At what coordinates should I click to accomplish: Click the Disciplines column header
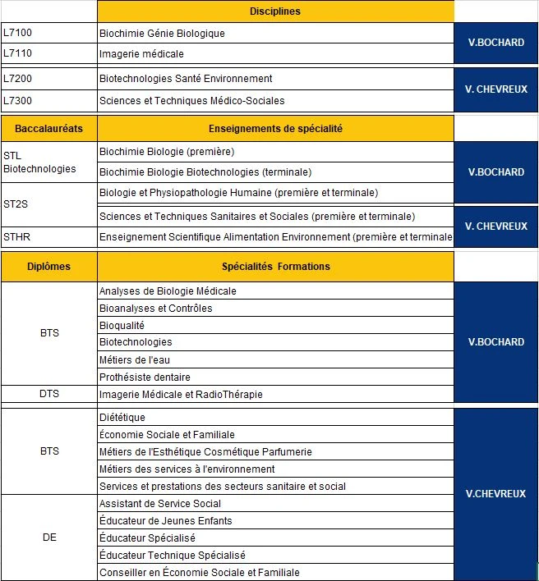pos(275,11)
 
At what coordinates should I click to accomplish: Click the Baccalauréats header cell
pos(48,129)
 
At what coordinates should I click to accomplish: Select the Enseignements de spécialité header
pos(275,129)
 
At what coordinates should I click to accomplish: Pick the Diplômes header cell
pos(48,267)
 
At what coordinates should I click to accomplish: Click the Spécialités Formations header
pos(275,267)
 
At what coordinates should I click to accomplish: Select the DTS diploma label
pos(49,395)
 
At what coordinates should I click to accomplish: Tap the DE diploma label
pos(49,538)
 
